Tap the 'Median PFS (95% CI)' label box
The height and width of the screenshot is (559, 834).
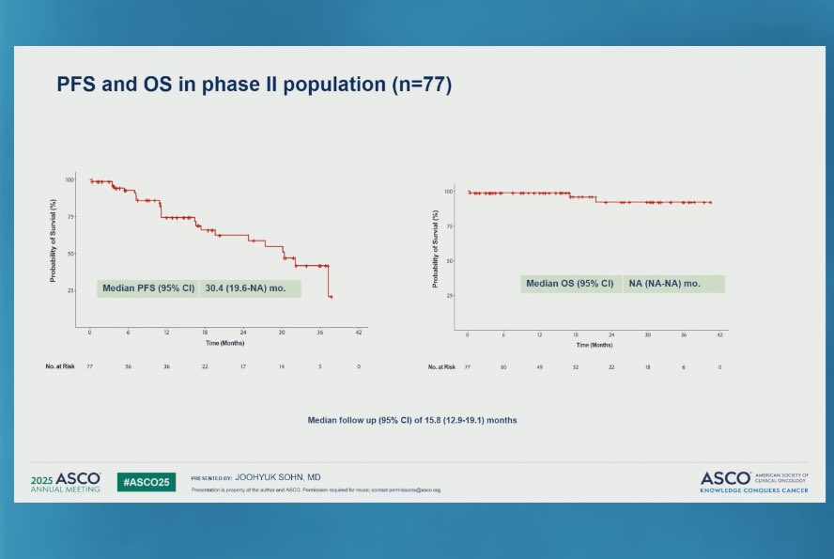147,288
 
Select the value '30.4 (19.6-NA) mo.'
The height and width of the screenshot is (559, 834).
250,288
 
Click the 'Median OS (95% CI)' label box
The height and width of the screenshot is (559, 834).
570,284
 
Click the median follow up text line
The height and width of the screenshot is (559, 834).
412,420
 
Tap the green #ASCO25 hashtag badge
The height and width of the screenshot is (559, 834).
146,482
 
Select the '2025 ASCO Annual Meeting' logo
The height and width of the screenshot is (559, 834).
65,482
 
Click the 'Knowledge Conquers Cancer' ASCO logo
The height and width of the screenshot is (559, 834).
751,482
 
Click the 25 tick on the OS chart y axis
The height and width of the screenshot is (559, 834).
453,295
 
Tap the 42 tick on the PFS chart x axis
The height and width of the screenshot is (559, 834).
358,334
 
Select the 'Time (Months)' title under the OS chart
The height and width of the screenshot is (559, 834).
595,345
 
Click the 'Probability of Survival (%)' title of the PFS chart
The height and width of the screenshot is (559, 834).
54,241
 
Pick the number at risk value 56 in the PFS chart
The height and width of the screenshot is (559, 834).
128,367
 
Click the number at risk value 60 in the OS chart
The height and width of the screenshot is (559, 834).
503,367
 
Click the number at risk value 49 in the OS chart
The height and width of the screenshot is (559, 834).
540,367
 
